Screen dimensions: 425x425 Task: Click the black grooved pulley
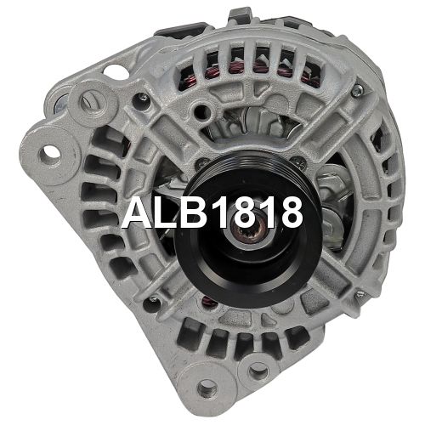248,230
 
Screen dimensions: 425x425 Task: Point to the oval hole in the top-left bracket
116,71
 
